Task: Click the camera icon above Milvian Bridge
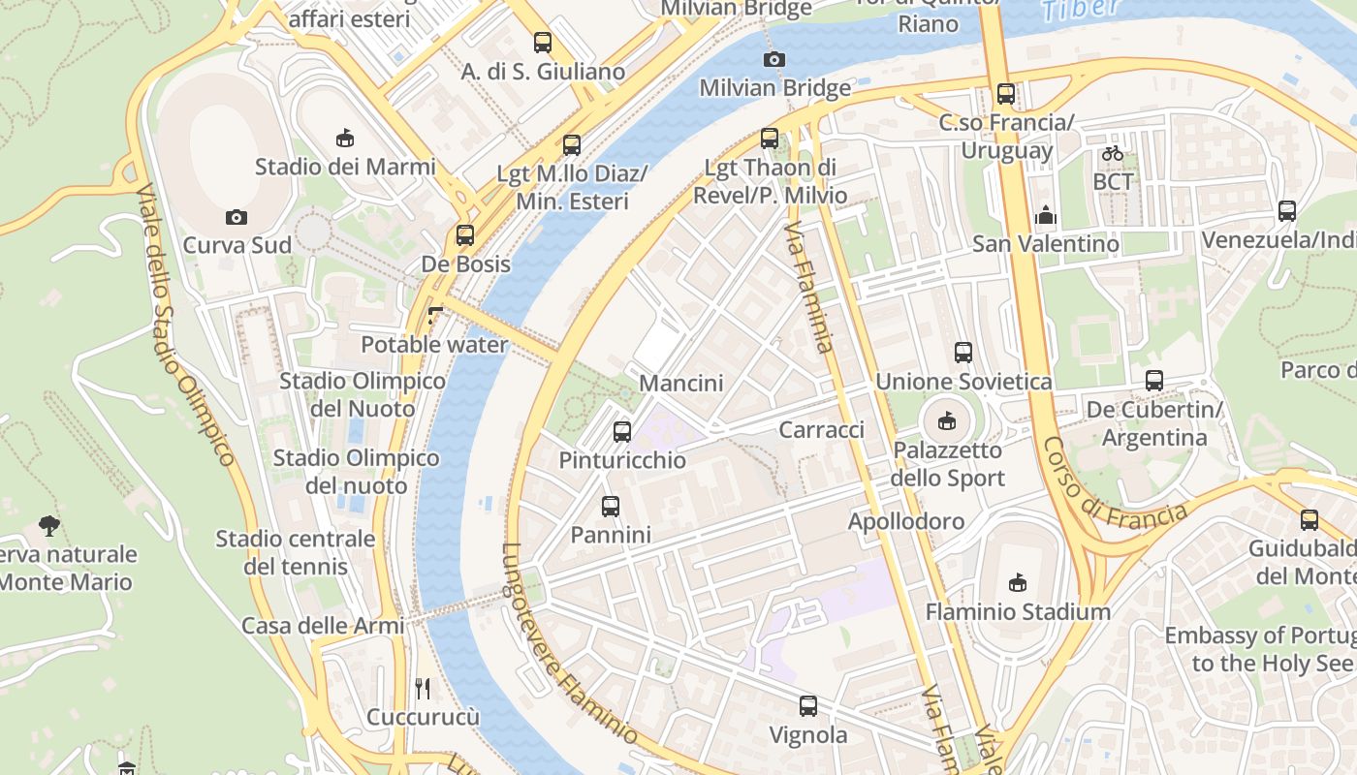click(x=773, y=60)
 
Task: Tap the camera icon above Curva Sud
click(x=236, y=217)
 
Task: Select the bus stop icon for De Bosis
click(x=465, y=235)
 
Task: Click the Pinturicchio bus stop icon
click(x=622, y=432)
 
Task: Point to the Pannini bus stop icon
click(x=611, y=507)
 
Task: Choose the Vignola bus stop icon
click(x=808, y=706)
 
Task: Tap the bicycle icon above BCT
click(x=1113, y=153)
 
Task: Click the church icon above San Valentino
click(x=1046, y=215)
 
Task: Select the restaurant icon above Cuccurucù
click(x=423, y=689)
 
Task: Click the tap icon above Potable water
click(x=434, y=316)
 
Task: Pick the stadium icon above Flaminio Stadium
click(x=1018, y=583)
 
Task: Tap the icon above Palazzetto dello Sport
click(x=947, y=421)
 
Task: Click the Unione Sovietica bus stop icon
click(x=963, y=353)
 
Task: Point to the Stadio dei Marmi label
click(x=345, y=167)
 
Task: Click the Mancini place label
click(x=681, y=384)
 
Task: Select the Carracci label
click(x=822, y=429)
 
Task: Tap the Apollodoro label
click(x=906, y=521)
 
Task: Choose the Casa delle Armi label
click(x=323, y=626)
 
